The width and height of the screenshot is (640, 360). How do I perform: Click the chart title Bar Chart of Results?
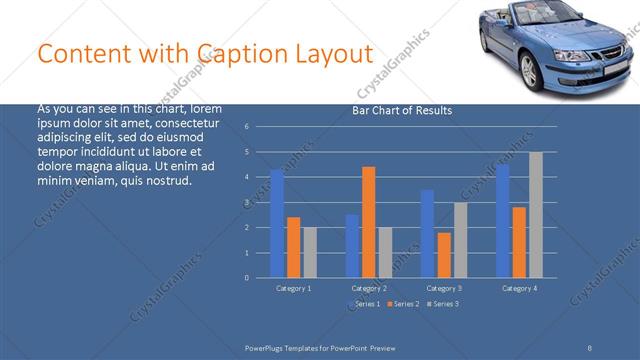tap(402, 110)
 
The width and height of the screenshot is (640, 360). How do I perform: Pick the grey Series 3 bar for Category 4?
tap(536, 215)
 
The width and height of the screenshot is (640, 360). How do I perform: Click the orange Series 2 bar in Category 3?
tap(444, 255)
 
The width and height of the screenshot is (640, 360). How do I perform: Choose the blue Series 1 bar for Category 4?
tap(502, 221)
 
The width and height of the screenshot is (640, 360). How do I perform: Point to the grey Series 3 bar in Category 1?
tap(310, 252)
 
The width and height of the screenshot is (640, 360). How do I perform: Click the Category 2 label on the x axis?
tap(369, 288)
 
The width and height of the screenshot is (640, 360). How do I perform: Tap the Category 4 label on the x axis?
tap(519, 288)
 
